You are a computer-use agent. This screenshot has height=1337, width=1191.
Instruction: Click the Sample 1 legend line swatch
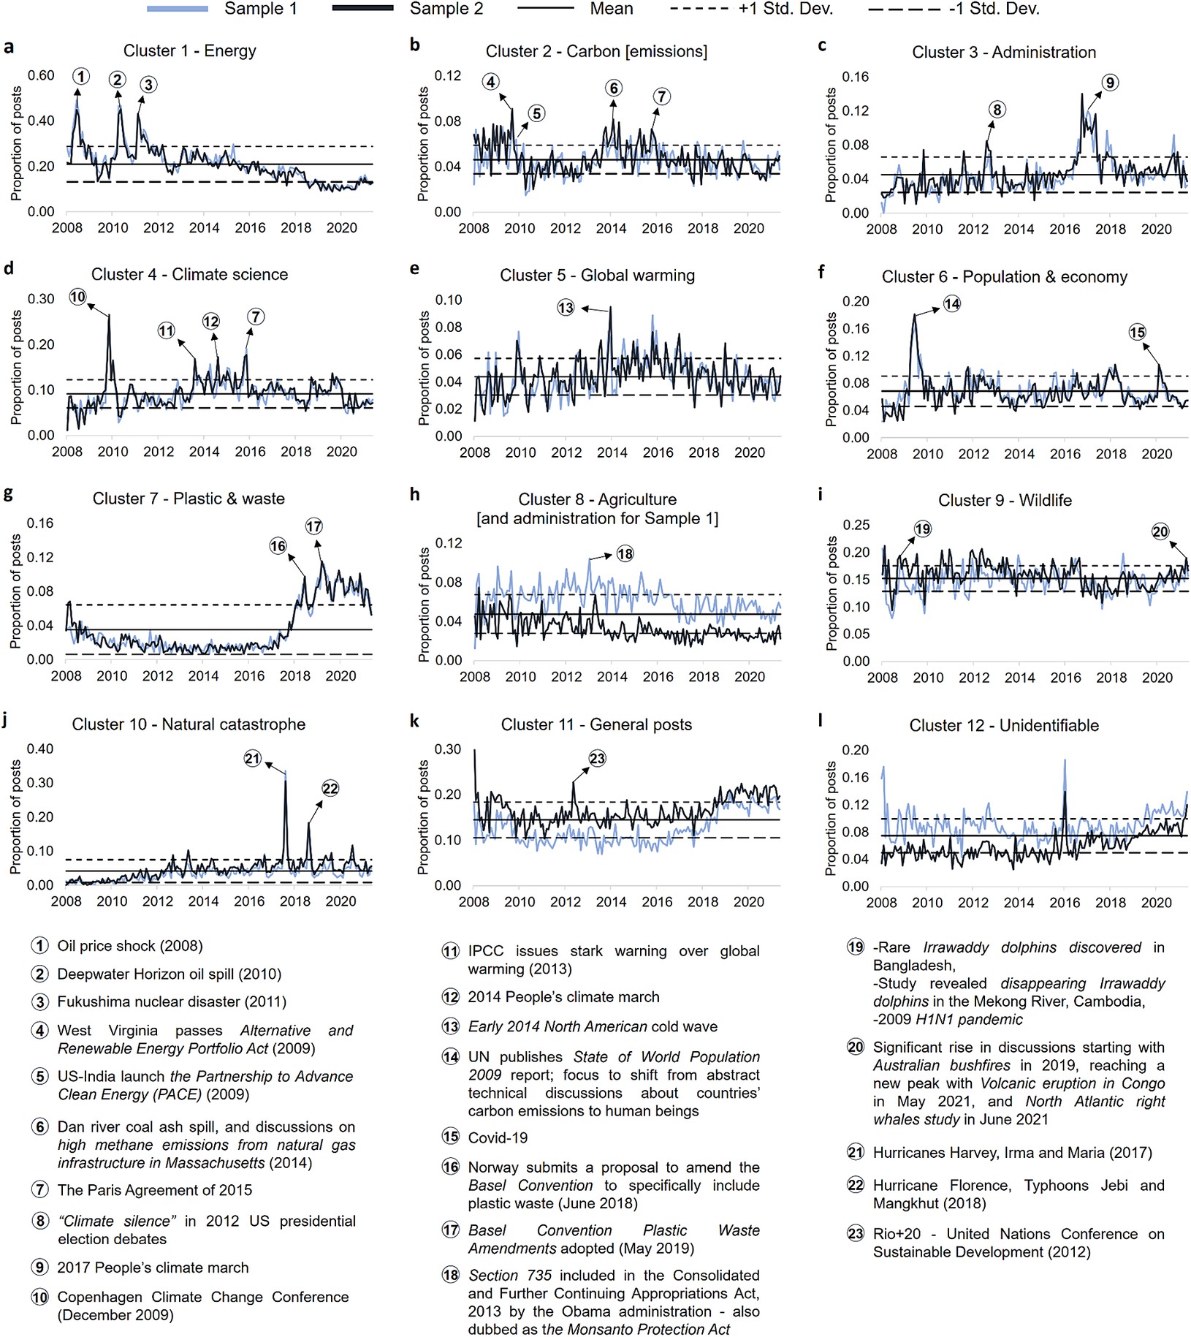click(x=177, y=9)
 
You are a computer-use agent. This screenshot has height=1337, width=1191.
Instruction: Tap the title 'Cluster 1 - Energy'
click(x=189, y=51)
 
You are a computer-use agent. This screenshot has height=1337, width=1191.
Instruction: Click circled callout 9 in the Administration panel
click(x=1109, y=83)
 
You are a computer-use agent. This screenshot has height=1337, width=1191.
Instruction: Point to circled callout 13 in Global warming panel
click(x=566, y=308)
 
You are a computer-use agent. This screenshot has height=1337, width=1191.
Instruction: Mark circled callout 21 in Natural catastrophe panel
click(x=253, y=759)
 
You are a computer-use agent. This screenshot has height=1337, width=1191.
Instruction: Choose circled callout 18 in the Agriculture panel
click(x=625, y=554)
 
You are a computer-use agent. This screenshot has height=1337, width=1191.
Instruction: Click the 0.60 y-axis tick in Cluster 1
click(x=41, y=75)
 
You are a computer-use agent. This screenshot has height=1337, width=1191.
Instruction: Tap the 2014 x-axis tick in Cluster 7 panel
click(x=203, y=676)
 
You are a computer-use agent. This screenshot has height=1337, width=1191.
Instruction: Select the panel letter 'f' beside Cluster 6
click(x=821, y=272)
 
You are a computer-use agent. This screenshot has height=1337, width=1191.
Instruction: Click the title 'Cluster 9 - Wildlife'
click(x=1005, y=501)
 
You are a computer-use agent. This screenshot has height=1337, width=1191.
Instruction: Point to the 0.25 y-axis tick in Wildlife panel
click(x=856, y=525)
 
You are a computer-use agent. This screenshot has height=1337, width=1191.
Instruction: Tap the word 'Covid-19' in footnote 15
click(x=498, y=1138)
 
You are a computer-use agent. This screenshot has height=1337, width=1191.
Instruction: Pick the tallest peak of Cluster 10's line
click(x=285, y=772)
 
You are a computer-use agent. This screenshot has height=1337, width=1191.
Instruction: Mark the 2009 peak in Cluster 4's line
click(x=109, y=315)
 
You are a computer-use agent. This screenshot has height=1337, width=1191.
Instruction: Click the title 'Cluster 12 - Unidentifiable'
click(x=1003, y=726)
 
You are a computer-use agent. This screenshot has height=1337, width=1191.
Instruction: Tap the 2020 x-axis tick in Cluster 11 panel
click(x=748, y=902)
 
